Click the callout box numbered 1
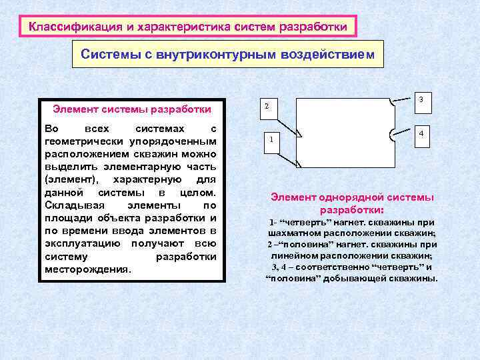pos(271,142)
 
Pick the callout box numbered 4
pos(421,135)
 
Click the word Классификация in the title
pos(64,27)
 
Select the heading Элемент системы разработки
pos(132,109)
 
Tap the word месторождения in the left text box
pos(87,269)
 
